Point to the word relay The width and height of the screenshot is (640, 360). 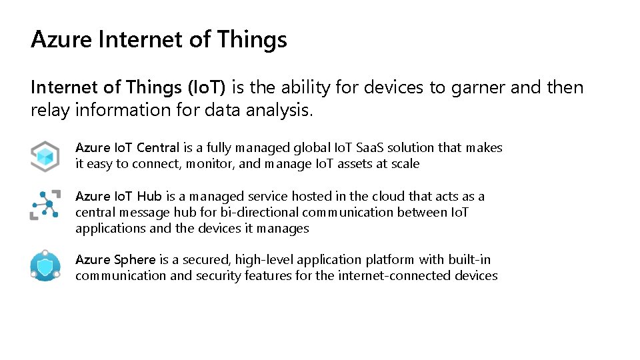pos(50,111)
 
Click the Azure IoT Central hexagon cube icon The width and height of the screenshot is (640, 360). pos(45,156)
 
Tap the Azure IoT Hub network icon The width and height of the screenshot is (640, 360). pos(45,204)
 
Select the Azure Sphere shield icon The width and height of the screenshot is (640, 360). pos(45,267)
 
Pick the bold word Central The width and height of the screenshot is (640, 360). pos(158,148)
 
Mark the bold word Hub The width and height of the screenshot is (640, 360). pos(150,197)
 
